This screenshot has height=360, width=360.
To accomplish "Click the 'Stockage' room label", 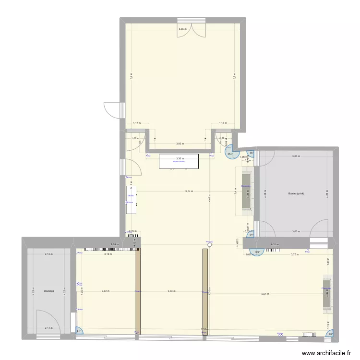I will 48,291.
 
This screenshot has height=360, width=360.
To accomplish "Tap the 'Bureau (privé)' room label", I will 296,193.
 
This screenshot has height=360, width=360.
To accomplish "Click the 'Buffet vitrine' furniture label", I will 179,162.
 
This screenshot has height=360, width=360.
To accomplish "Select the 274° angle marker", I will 230,153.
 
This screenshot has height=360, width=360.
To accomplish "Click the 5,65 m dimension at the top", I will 182,29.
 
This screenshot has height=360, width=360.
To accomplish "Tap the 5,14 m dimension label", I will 189,191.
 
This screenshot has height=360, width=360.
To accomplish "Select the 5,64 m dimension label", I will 265,294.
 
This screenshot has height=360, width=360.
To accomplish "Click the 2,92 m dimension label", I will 105,291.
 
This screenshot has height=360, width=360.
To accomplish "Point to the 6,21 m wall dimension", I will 275,245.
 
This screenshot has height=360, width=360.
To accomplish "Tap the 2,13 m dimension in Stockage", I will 48,254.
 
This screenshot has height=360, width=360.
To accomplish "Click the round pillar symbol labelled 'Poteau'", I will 209,245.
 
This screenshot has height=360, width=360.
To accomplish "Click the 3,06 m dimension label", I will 179,144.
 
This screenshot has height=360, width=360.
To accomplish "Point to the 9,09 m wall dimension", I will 114,245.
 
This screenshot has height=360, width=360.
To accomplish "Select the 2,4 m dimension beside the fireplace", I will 235,190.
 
